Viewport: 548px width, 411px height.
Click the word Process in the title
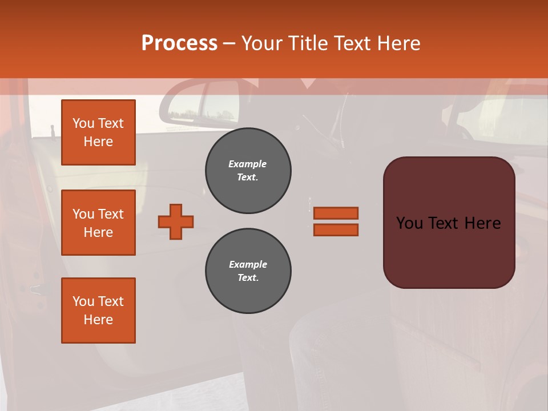pos(179,43)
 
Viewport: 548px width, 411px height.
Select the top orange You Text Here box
pos(98,132)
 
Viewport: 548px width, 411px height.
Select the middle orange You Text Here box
pos(98,223)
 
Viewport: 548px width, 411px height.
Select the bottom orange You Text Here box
pos(98,311)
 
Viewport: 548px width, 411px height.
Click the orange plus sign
pos(176,221)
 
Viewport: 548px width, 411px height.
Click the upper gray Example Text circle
pos(248,171)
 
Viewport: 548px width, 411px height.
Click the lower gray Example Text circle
pos(248,271)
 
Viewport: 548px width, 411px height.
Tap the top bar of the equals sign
pos(336,213)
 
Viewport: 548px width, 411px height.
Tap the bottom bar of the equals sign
pos(336,229)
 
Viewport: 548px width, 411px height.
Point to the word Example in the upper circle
pos(248,164)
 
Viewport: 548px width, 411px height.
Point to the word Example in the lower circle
pos(248,264)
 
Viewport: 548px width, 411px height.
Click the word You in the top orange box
pos(83,123)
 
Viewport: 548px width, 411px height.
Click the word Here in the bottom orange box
pos(98,320)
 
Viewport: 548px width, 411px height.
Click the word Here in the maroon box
pos(483,223)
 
